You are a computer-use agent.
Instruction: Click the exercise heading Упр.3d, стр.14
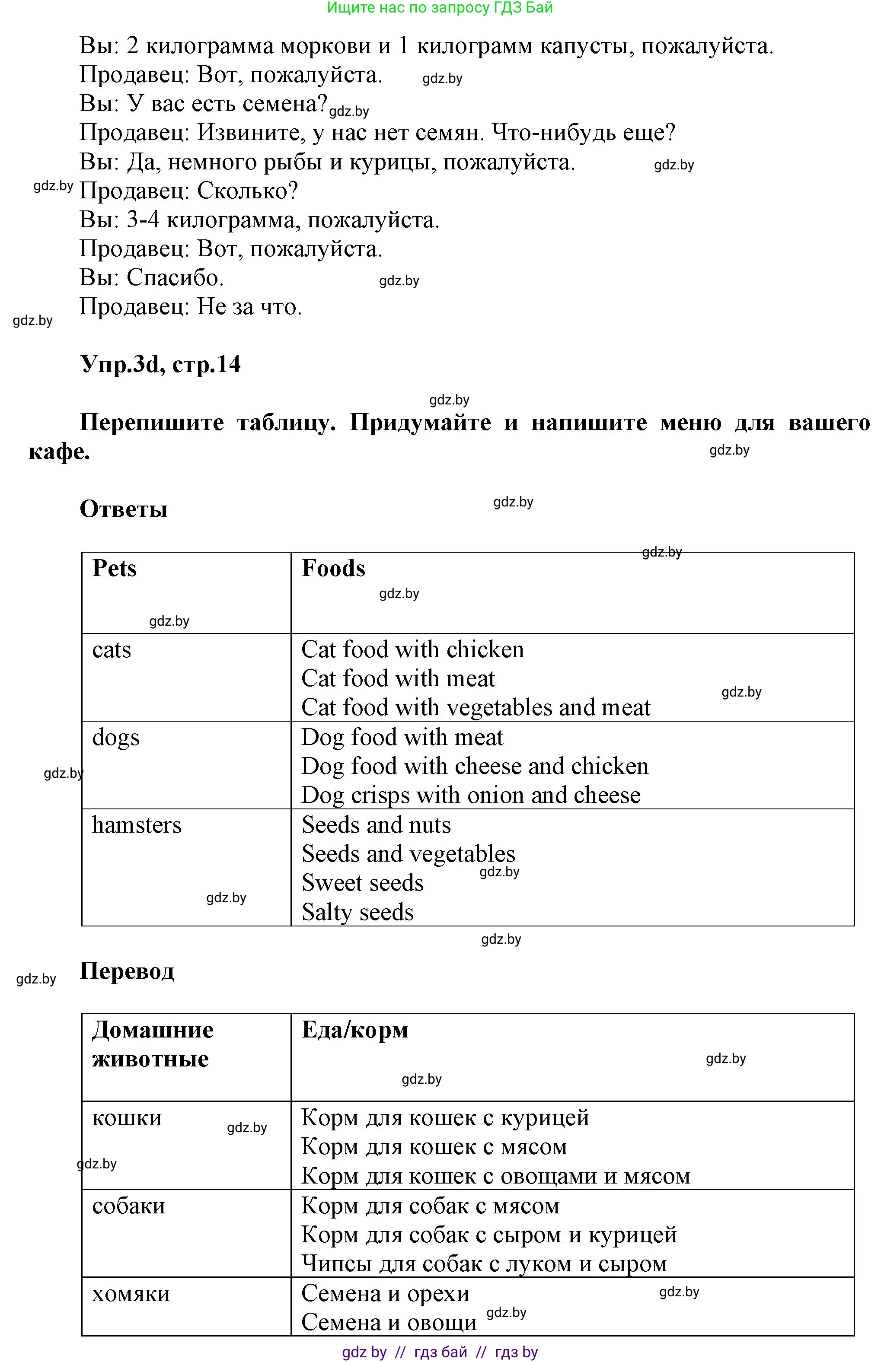160,364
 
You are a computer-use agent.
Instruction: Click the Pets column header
115,568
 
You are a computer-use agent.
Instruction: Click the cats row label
112,649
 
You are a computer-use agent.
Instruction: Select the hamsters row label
137,824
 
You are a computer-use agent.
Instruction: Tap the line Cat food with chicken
412,649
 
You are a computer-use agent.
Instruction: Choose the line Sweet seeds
363,882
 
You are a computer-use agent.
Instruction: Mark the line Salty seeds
358,912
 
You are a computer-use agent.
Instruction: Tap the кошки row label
127,1118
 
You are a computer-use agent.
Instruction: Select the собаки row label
129,1206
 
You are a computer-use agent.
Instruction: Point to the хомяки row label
131,1293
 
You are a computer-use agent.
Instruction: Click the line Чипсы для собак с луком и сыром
484,1263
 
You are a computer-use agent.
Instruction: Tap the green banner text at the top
439,8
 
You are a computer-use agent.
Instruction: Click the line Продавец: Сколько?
189,191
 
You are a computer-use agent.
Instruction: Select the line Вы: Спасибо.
152,278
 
